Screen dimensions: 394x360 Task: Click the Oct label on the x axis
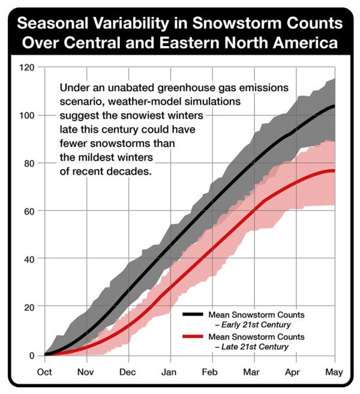[x=44, y=372]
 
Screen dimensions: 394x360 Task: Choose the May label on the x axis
[x=333, y=372]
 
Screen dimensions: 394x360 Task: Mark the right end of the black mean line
[x=334, y=106]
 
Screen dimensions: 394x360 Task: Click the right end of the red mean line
[x=334, y=171]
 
